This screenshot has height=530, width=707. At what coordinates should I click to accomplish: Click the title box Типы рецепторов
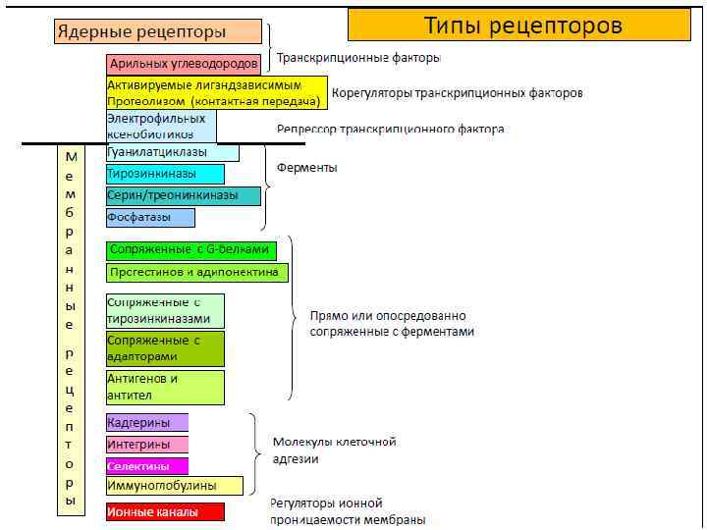522,25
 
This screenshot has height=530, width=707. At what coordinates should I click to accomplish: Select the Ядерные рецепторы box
157,31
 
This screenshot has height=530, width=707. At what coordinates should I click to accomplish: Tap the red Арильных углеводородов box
185,65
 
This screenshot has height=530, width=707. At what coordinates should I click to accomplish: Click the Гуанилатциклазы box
172,152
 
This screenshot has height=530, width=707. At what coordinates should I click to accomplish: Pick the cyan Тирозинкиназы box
165,174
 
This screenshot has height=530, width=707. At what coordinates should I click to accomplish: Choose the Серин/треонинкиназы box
184,195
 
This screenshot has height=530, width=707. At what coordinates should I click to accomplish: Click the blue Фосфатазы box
150,217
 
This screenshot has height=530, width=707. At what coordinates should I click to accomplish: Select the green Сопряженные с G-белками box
191,250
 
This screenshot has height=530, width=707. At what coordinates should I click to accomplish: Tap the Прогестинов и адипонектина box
196,272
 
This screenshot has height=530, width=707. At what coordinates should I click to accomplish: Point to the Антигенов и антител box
165,387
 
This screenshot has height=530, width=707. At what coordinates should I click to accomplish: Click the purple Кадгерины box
147,422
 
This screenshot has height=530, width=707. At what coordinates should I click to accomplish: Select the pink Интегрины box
147,444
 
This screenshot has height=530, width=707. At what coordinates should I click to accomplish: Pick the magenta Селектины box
147,466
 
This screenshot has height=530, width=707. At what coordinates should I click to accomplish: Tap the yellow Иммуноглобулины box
175,485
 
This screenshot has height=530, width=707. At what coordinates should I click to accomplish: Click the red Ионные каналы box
165,511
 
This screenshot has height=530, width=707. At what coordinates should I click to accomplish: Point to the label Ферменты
306,168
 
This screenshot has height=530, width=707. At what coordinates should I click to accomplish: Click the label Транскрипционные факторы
358,58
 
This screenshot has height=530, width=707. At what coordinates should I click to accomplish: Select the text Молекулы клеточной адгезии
334,450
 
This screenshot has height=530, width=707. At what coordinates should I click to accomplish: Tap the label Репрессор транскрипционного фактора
390,129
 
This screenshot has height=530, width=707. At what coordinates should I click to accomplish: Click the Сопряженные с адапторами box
165,348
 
